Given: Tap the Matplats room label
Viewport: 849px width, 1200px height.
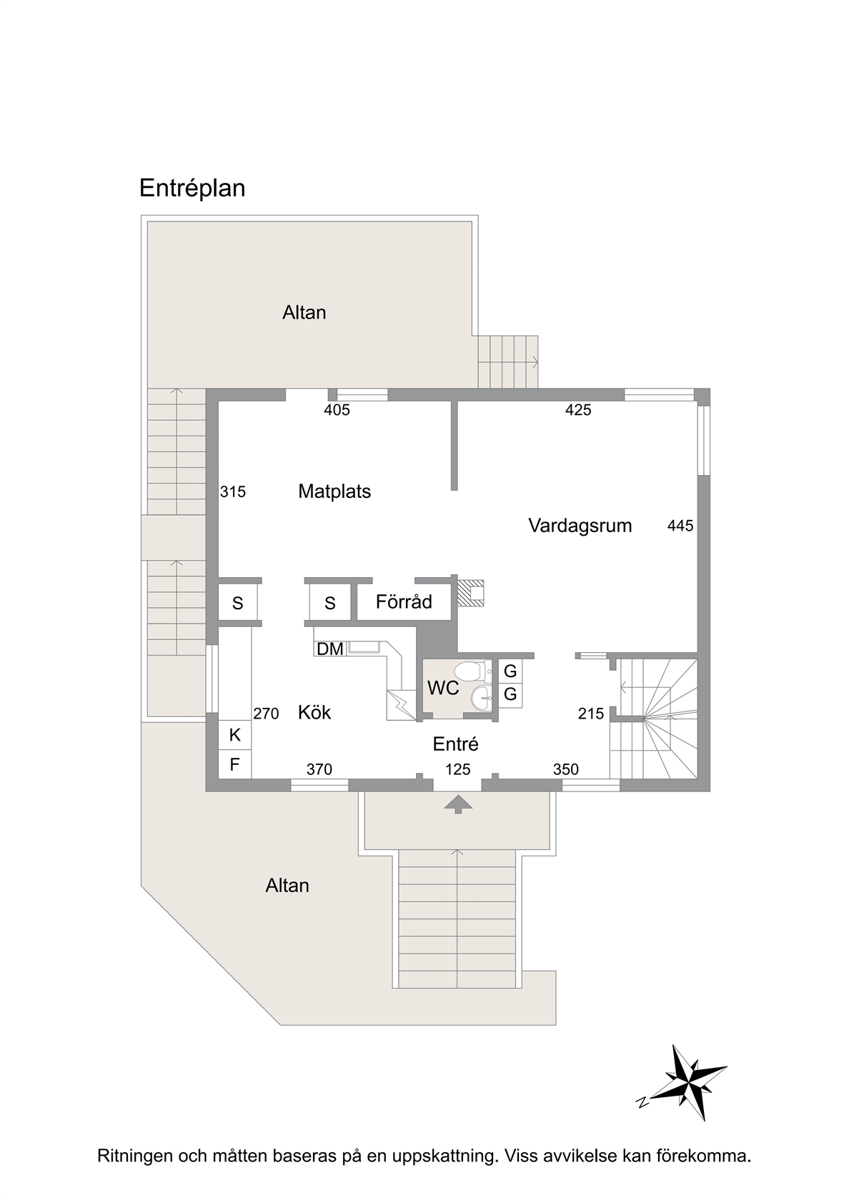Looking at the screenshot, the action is point(334,491).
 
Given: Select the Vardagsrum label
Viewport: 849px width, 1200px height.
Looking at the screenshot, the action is point(580,526).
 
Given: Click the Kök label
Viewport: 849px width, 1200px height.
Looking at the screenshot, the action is point(314,712).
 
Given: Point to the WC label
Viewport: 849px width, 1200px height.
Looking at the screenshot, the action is point(443,688).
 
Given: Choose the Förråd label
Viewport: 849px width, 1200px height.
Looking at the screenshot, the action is point(404,601).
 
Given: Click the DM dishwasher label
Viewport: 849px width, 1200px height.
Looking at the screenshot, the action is point(329,649).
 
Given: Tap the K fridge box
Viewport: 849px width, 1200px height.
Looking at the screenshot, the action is point(234,735).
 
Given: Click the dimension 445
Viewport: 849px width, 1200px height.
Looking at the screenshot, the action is point(680,526).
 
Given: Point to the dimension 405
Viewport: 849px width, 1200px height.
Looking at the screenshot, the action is point(337,410).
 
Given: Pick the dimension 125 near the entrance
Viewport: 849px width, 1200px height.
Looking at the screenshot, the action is point(457,769).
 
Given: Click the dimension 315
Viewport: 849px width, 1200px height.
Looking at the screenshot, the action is point(233,491).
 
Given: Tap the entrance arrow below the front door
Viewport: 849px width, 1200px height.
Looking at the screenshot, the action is point(458,804).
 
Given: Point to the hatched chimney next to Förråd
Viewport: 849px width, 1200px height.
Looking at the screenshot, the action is point(470,593).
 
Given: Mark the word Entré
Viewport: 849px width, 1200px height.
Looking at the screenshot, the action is point(456,744).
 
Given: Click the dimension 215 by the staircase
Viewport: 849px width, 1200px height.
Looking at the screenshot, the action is point(590,713).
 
